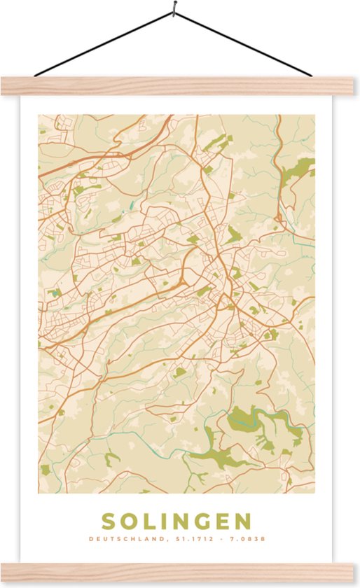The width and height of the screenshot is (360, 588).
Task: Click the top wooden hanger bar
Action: click(x=180, y=86)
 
